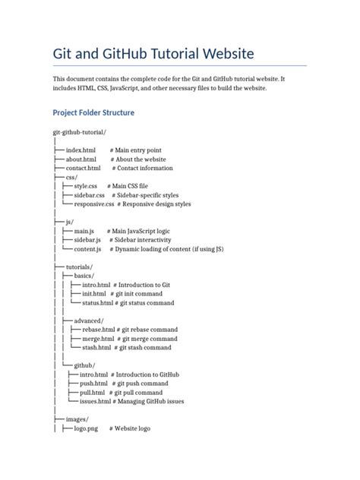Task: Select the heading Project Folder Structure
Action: [x=93, y=112]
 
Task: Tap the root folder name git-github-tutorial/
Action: [x=79, y=133]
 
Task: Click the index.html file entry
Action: [x=81, y=150]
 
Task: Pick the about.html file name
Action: [x=81, y=159]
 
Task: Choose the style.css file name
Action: [x=86, y=186]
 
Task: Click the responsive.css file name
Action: [x=93, y=204]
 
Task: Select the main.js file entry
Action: [x=84, y=231]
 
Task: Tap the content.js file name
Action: [x=87, y=248]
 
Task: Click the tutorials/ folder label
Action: [x=80, y=267]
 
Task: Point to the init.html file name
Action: [x=95, y=293]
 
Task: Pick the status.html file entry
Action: [x=98, y=302]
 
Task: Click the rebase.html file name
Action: [x=99, y=330]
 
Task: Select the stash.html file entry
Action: [x=97, y=347]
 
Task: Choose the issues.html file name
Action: [x=94, y=401]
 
